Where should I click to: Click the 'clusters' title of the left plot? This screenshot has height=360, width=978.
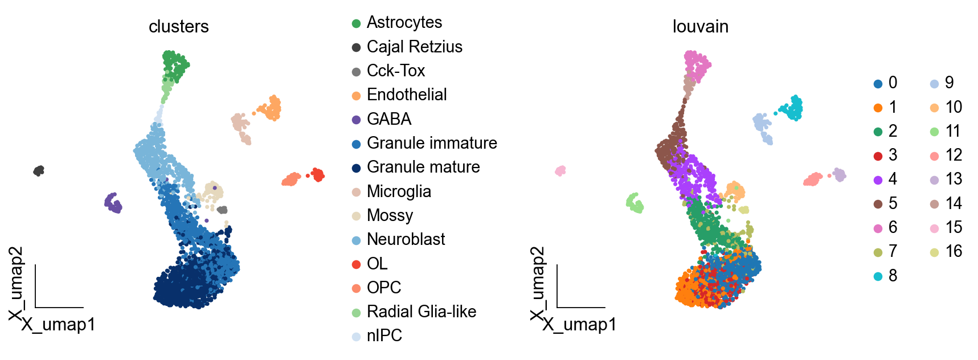click(x=178, y=27)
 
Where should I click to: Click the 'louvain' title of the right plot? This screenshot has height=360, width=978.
click(x=700, y=27)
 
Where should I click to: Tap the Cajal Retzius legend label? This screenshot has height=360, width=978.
click(x=414, y=47)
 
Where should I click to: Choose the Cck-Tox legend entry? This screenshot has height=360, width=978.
click(x=395, y=71)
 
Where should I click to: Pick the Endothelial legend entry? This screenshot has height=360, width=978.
click(x=406, y=95)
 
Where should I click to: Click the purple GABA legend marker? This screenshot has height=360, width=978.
click(x=357, y=120)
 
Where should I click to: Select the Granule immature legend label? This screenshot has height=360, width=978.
click(x=431, y=143)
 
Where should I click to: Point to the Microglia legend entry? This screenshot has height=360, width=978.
click(x=398, y=191)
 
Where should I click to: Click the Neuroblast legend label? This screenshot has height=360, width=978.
click(x=406, y=239)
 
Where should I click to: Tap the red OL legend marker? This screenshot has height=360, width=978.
click(x=357, y=264)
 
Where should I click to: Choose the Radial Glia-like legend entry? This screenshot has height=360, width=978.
click(x=421, y=312)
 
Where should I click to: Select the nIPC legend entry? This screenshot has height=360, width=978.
click(x=384, y=336)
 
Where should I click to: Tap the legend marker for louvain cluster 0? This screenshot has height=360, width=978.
click(x=878, y=84)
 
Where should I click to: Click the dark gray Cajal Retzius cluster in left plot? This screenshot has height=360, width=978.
click(x=39, y=170)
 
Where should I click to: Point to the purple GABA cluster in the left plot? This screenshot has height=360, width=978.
click(x=113, y=203)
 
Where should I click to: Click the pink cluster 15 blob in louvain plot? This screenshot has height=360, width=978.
click(x=560, y=170)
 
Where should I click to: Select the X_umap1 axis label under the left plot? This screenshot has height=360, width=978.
click(x=58, y=325)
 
